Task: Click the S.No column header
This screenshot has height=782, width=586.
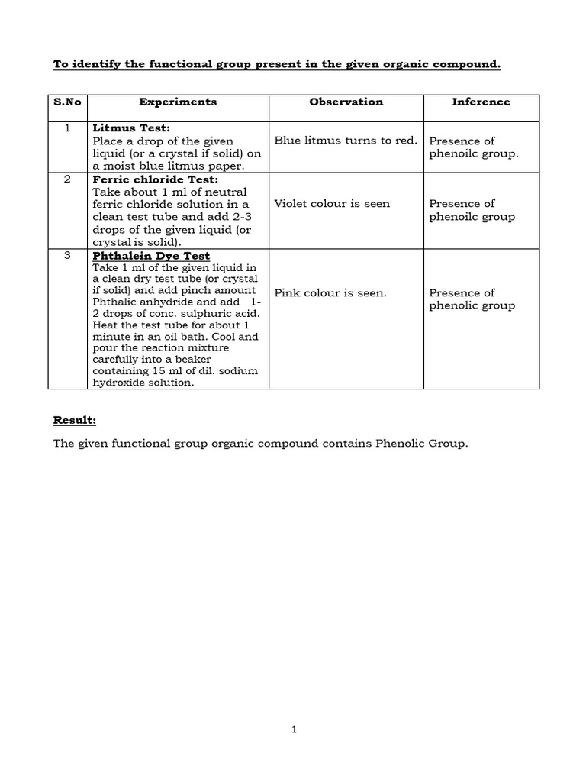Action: pyautogui.click(x=67, y=102)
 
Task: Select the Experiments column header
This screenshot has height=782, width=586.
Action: pyautogui.click(x=178, y=102)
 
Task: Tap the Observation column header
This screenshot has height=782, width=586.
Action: pyautogui.click(x=346, y=102)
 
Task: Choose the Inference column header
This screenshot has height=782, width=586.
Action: pyautogui.click(x=481, y=102)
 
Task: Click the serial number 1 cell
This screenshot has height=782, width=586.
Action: pyautogui.click(x=67, y=128)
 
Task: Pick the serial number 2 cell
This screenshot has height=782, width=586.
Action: pyautogui.click(x=67, y=179)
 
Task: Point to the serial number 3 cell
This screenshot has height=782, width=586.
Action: pyautogui.click(x=67, y=255)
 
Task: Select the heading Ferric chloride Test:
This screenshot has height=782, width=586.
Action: pyautogui.click(x=155, y=179)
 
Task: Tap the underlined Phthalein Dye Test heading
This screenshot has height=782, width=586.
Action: pyautogui.click(x=151, y=256)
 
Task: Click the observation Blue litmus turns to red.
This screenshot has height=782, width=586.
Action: pyautogui.click(x=345, y=141)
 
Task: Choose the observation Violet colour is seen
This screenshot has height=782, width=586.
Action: pyautogui.click(x=332, y=203)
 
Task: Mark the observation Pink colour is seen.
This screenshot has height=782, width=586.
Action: pyautogui.click(x=330, y=292)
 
